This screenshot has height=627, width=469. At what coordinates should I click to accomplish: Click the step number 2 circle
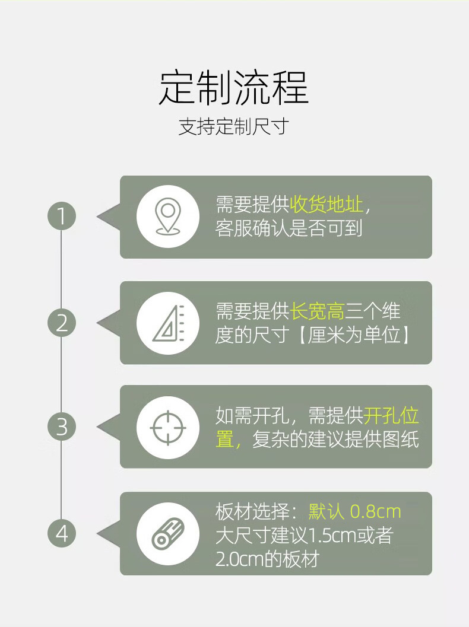(62, 323)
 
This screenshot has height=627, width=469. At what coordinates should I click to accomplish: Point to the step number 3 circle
(62, 427)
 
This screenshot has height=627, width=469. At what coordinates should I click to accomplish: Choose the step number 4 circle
(62, 534)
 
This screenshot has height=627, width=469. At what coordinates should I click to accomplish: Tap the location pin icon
(167, 217)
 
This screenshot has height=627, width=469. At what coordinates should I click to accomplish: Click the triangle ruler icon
(167, 323)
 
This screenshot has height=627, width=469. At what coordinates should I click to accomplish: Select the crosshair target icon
(167, 427)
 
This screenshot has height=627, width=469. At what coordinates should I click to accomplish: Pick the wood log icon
(167, 534)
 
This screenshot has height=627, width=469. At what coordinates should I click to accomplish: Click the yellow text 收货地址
(326, 205)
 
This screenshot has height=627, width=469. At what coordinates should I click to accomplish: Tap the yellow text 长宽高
(317, 311)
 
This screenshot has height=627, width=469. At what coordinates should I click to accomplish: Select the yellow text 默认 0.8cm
(355, 511)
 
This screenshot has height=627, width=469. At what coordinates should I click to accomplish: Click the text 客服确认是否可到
(289, 229)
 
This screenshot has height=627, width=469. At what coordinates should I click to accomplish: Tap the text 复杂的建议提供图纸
(335, 440)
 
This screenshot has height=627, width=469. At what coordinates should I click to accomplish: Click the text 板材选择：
(261, 511)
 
